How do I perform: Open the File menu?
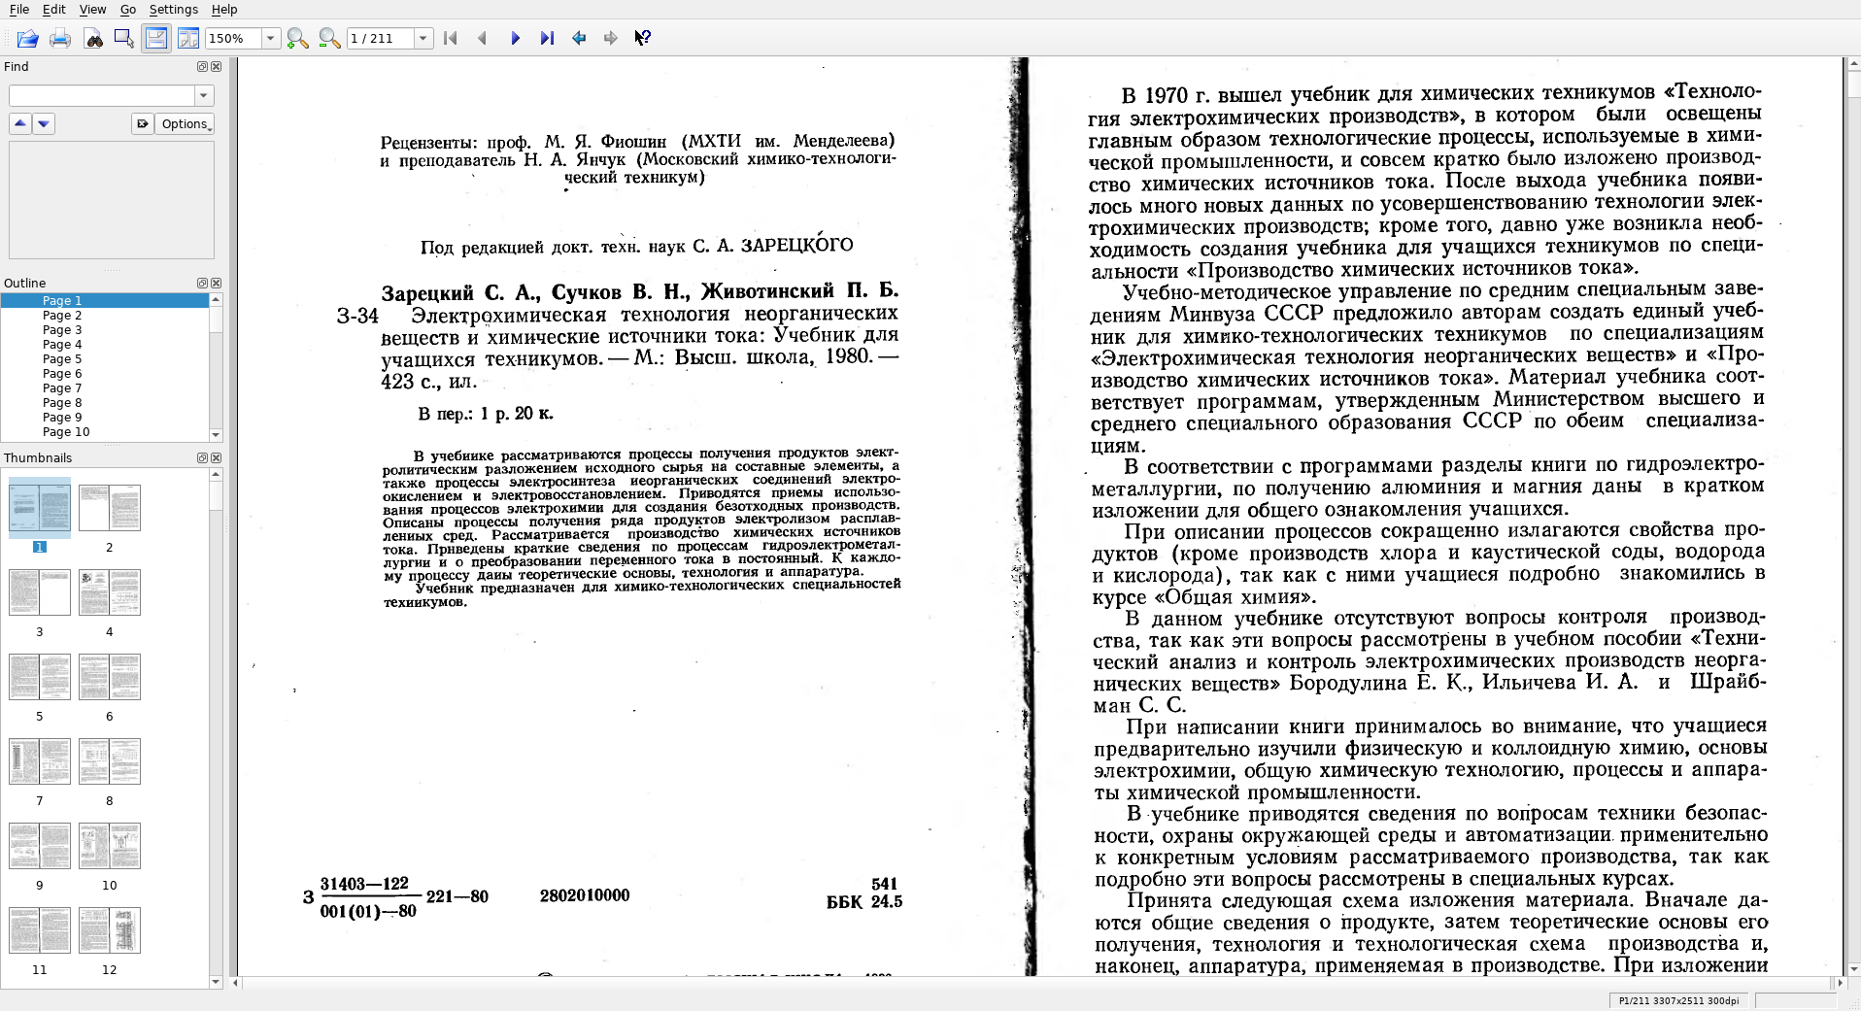tap(18, 10)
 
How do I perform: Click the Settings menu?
tap(173, 10)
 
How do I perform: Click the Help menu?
tap(223, 10)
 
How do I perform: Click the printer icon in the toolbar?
tap(60, 38)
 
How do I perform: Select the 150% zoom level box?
tap(233, 38)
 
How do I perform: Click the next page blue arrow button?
tap(515, 38)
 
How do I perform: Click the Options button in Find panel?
tap(184, 123)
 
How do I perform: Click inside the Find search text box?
tap(102, 95)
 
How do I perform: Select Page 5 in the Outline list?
tap(62, 359)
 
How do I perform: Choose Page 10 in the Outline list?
tap(66, 432)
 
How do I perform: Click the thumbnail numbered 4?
tap(110, 592)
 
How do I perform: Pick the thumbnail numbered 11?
tap(40, 930)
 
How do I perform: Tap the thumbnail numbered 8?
tap(110, 761)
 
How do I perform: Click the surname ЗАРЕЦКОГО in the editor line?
tap(796, 245)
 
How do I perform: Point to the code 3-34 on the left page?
tap(357, 317)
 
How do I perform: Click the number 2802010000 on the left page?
tap(585, 895)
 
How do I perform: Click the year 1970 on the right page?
tap(1166, 95)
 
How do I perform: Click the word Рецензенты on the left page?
tap(426, 142)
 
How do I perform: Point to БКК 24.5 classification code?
tap(863, 902)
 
